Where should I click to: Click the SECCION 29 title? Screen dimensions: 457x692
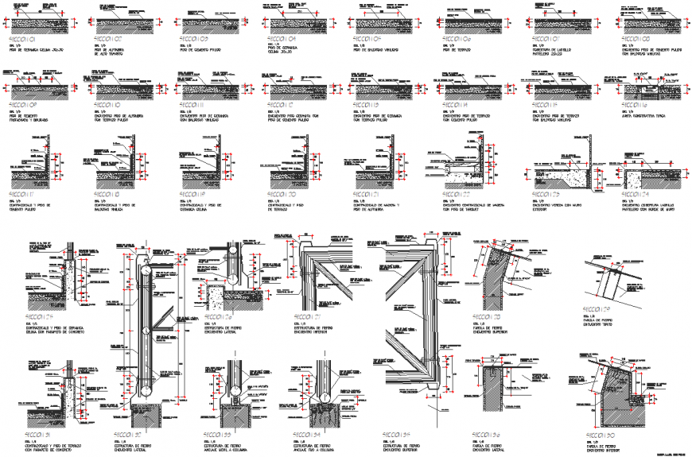597,310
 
